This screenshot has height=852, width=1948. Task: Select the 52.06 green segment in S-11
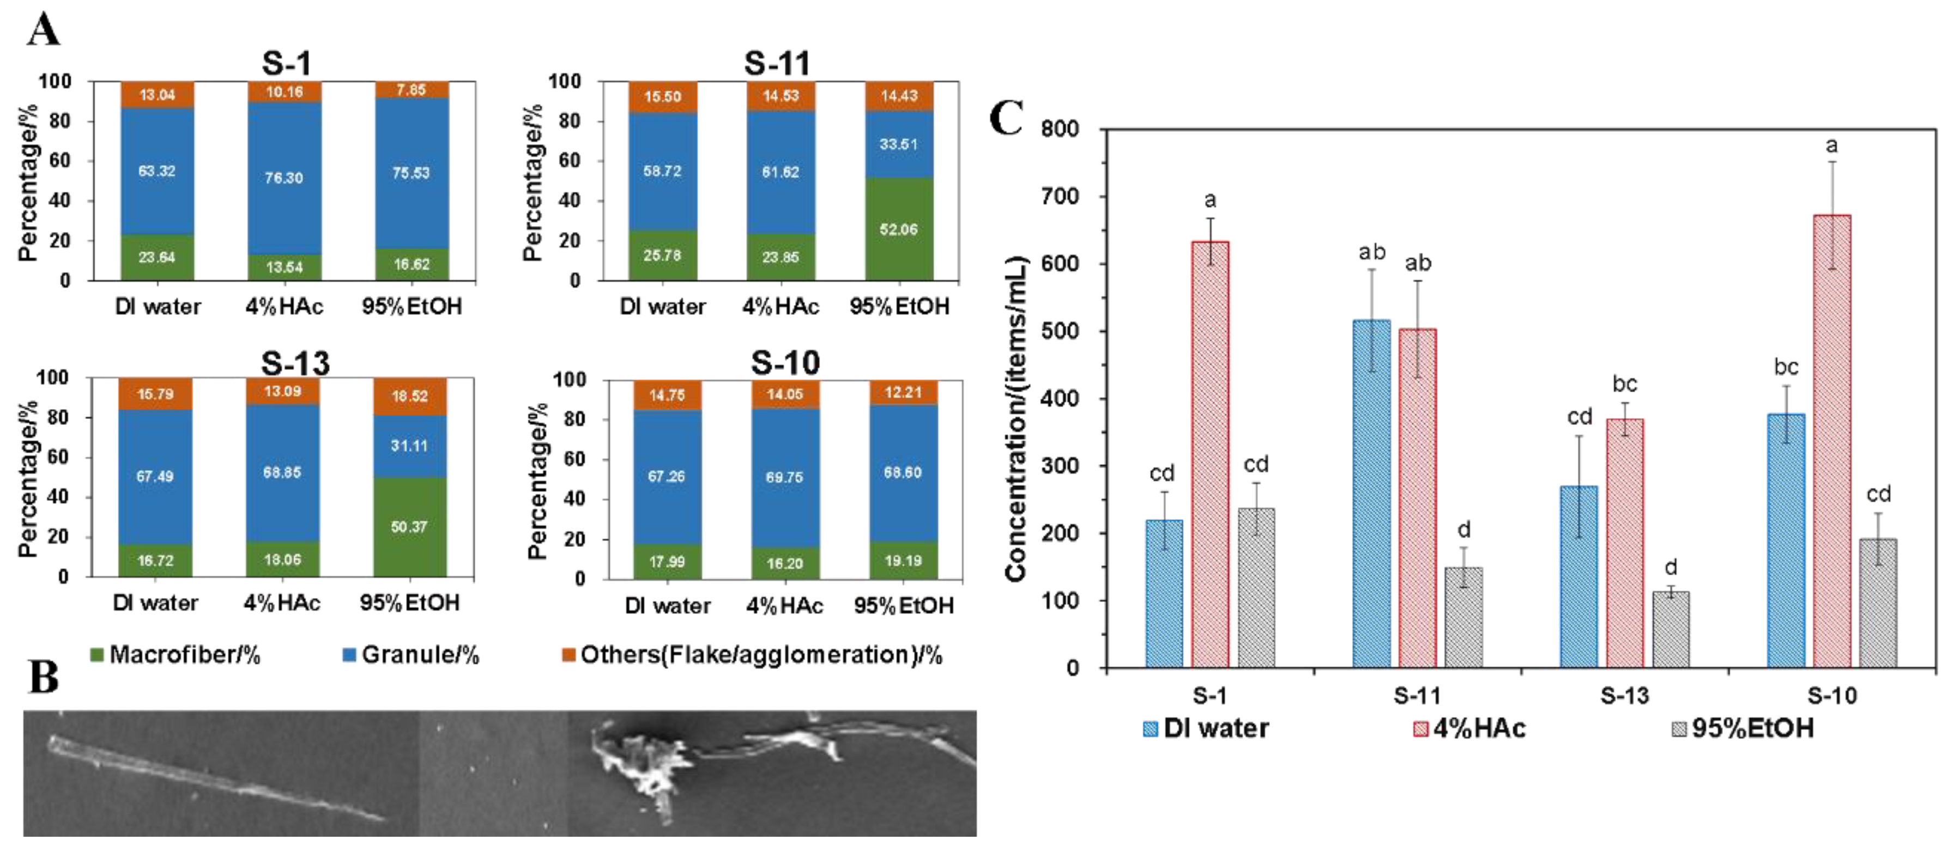point(898,229)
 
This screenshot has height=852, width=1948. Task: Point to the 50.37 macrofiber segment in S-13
point(409,527)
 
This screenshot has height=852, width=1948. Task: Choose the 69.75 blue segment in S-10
point(784,477)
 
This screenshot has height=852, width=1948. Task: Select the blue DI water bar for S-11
point(1371,493)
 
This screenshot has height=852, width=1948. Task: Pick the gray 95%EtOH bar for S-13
point(1671,629)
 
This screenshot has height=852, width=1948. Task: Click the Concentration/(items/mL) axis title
point(1015,419)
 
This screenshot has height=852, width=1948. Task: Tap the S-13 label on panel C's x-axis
point(1624,696)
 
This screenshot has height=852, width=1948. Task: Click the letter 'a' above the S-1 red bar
point(1210,200)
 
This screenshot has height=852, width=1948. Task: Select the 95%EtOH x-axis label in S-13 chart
point(409,603)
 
